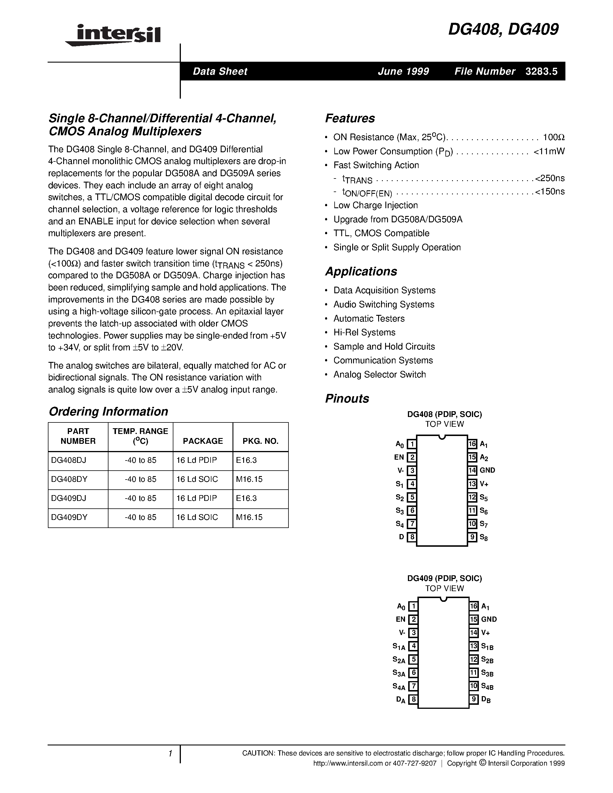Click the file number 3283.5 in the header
coord(541,72)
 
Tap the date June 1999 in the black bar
coord(404,72)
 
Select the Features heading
coord(350,118)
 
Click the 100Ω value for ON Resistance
coord(554,137)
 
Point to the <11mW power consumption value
coord(549,151)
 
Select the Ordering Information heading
coord(108,411)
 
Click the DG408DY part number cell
coord(69,479)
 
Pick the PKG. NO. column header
coord(260,441)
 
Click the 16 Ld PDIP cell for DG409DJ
coord(196,498)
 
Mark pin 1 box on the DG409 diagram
coord(413,606)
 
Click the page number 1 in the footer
coord(170,754)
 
